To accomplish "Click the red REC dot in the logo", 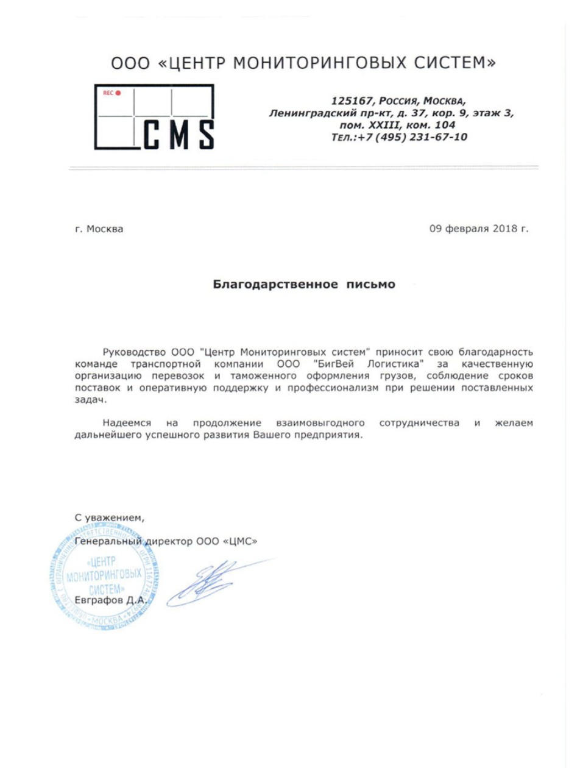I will pyautogui.click(x=119, y=93).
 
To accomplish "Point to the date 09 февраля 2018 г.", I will pyautogui.click(x=479, y=229).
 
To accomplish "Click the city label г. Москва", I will pyautogui.click(x=98, y=230).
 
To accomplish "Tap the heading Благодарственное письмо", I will pyautogui.click(x=303, y=285).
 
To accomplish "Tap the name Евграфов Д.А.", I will pyautogui.click(x=109, y=601).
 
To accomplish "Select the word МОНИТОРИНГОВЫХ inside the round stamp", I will pyautogui.click(x=105, y=577).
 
